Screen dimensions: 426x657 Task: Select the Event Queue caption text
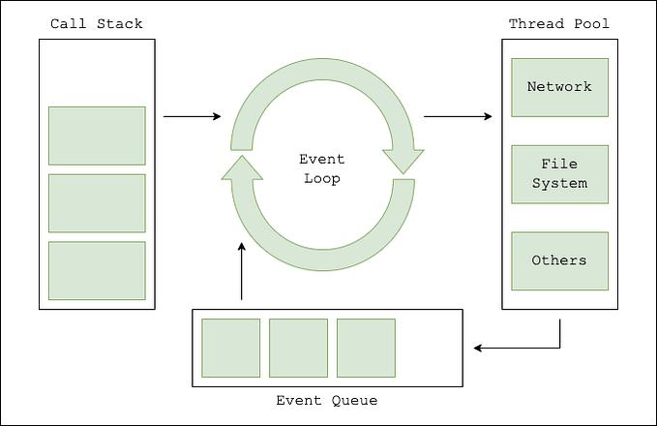(x=327, y=400)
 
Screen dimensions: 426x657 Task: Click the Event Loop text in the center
(x=321, y=169)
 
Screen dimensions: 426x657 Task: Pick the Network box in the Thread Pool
(x=559, y=87)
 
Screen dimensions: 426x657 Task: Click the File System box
(x=559, y=174)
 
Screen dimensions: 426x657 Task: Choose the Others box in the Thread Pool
(x=559, y=260)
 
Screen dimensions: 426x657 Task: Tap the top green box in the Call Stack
(x=97, y=136)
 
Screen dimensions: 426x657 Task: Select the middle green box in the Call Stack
(x=97, y=203)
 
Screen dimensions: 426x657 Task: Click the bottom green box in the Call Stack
(x=97, y=270)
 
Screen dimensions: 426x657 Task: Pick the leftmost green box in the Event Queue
(x=230, y=348)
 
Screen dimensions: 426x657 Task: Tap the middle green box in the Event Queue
(x=298, y=348)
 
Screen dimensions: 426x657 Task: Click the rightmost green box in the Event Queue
(x=366, y=348)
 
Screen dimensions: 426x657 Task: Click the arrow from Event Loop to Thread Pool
(x=458, y=117)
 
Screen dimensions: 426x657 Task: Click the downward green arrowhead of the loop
(x=403, y=160)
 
